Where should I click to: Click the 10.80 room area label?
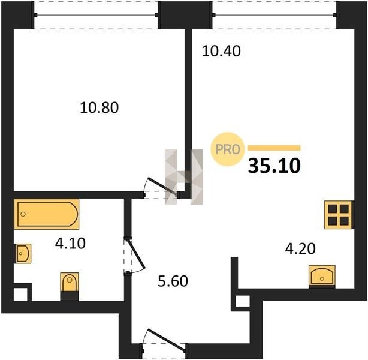pos(99,107)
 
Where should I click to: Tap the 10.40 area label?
pos(221,51)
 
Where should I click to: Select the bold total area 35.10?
pos(274,166)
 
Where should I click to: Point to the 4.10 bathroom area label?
pos(70,243)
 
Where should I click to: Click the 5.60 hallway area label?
pos(173,281)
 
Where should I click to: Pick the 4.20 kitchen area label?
pos(300,249)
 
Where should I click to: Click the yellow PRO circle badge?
pos(228,149)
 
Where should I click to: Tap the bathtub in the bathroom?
pos(47,214)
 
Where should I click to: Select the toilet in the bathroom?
pos(70,286)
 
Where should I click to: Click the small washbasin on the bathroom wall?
pos(23,253)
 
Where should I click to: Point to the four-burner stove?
pos(339,215)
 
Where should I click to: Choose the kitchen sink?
pos(322,277)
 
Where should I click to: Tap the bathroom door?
pos(134,256)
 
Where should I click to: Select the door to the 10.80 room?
pos(160,187)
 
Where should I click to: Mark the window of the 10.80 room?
pos(96,15)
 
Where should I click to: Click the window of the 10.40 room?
pos(275,15)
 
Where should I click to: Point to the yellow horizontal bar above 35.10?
pos(274,148)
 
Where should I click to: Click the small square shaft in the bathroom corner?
pos(20,294)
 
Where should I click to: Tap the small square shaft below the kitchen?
pos(243,301)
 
